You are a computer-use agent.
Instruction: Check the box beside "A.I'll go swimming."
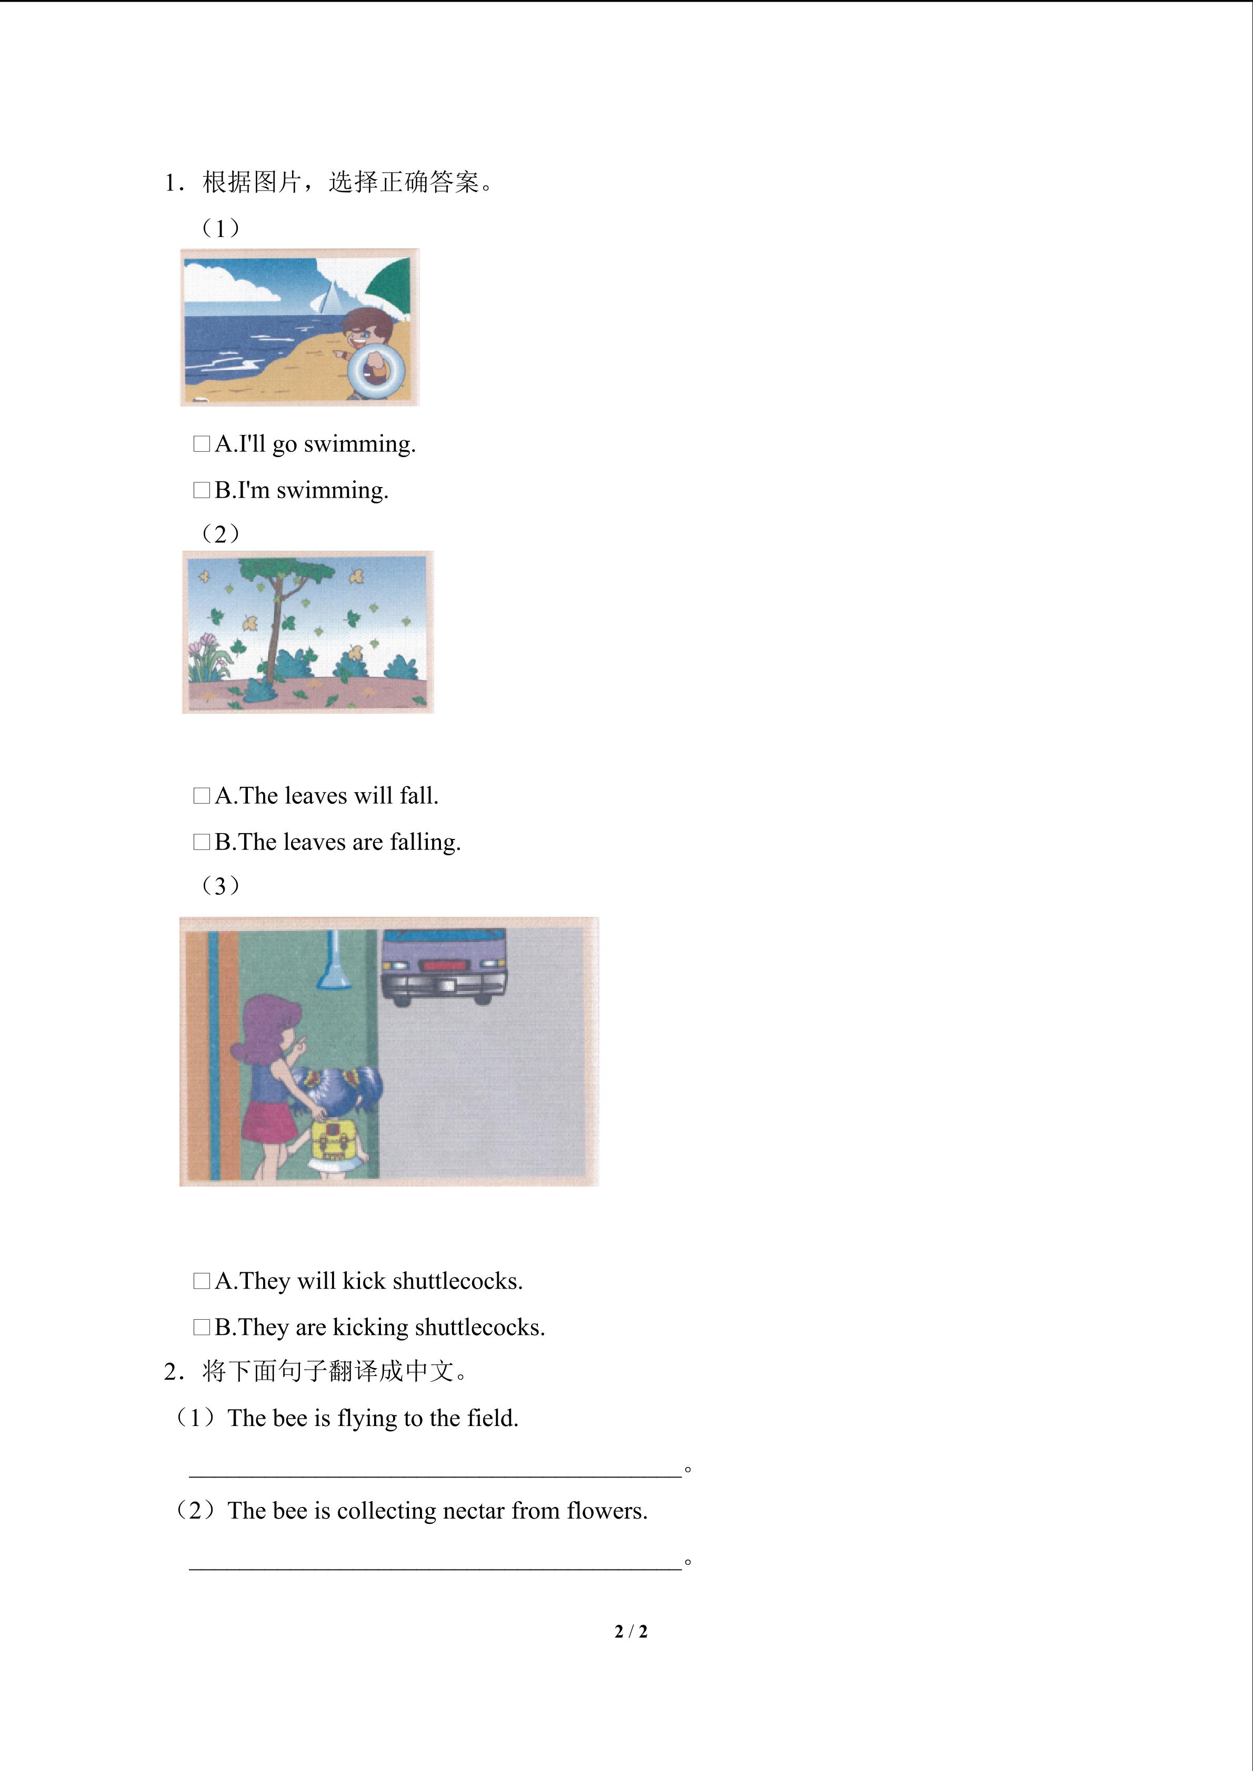click(x=202, y=444)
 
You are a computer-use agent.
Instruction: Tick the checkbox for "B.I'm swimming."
click(x=202, y=491)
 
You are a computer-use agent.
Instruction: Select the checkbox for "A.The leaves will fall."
click(x=202, y=796)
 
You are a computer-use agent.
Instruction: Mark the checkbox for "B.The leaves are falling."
click(x=202, y=842)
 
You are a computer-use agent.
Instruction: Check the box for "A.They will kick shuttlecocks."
click(x=202, y=1281)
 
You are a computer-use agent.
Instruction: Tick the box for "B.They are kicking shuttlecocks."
click(x=202, y=1328)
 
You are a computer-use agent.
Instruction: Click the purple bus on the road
click(x=444, y=966)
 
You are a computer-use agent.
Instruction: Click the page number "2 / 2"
click(x=631, y=1632)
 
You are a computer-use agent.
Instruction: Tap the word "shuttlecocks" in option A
click(x=457, y=1281)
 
